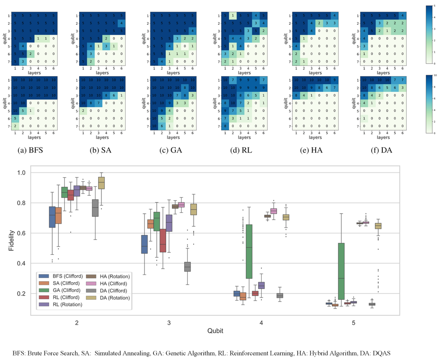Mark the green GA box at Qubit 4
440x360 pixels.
[x=249, y=258]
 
